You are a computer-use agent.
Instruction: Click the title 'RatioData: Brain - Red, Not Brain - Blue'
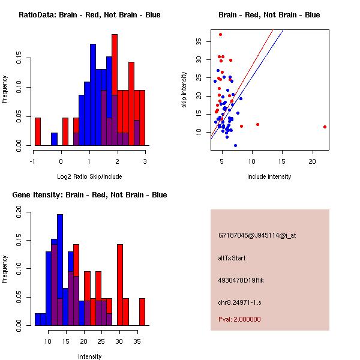(x=89, y=14)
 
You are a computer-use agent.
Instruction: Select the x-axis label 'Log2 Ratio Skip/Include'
(x=89, y=176)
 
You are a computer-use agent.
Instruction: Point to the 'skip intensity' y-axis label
(x=184, y=90)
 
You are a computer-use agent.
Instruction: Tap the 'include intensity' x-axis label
(x=269, y=176)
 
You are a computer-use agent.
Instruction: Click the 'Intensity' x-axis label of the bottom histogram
(x=89, y=356)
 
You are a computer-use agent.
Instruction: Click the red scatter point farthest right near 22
(x=325, y=127)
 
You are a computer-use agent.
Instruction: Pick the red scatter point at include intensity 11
(x=257, y=124)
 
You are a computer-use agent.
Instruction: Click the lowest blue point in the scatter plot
(x=235, y=145)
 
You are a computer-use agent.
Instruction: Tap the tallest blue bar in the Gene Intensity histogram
(x=60, y=270)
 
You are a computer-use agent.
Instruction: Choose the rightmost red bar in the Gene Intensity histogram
(x=142, y=311)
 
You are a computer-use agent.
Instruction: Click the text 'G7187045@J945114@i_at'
(x=257, y=235)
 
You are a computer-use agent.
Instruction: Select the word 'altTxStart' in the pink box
(x=232, y=258)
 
